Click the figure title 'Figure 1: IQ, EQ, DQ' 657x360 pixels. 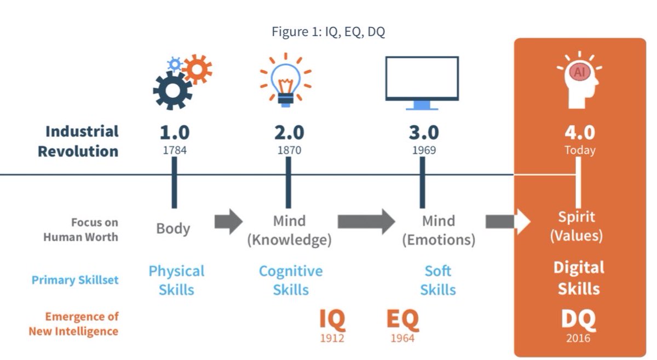tap(328, 32)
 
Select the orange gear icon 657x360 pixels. tap(197, 69)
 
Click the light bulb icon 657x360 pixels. tap(285, 80)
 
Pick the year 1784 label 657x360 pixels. tap(175, 150)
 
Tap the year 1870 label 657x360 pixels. tap(289, 150)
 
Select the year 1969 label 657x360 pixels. tap(424, 150)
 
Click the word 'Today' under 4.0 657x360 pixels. tap(580, 150)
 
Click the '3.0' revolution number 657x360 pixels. tap(424, 133)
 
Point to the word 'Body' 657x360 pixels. tap(173, 228)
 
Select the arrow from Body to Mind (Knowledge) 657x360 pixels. tap(228, 221)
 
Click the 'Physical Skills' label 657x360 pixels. tap(176, 280)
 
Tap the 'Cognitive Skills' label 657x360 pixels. tap(291, 280)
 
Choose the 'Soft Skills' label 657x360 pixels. tap(438, 280)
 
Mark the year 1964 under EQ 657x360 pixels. tap(402, 339)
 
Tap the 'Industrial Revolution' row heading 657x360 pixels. tap(78, 141)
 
